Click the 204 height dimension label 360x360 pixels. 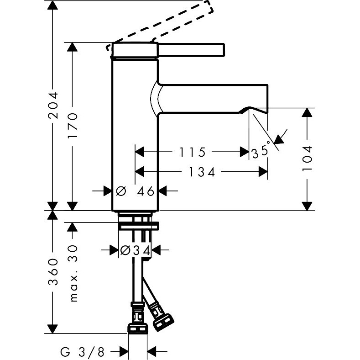click(x=54, y=106)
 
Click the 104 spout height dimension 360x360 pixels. click(x=308, y=158)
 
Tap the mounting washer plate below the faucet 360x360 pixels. click(x=139, y=225)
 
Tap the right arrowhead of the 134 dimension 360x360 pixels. click(x=263, y=172)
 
